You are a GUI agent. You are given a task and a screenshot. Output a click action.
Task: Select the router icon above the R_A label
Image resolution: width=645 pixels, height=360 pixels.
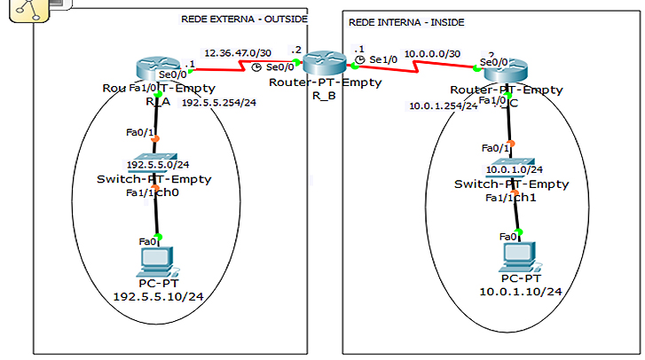(x=157, y=68)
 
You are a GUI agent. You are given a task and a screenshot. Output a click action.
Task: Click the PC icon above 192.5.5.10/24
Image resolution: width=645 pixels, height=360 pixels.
(x=156, y=260)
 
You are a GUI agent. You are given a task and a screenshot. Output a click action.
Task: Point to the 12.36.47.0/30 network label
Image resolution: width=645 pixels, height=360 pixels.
(x=237, y=52)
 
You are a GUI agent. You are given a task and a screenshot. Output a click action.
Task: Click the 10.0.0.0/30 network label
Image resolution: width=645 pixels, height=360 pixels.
(x=433, y=54)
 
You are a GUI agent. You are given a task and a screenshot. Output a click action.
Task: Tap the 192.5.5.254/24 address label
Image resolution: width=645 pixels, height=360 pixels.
(x=217, y=102)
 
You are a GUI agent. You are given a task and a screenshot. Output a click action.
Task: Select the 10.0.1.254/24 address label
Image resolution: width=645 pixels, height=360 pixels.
(x=443, y=106)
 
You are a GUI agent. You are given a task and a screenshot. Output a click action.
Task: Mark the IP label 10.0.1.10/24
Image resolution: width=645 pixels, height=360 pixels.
(x=519, y=291)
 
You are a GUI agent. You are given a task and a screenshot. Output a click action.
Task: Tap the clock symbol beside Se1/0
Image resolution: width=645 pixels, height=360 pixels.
(x=360, y=59)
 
